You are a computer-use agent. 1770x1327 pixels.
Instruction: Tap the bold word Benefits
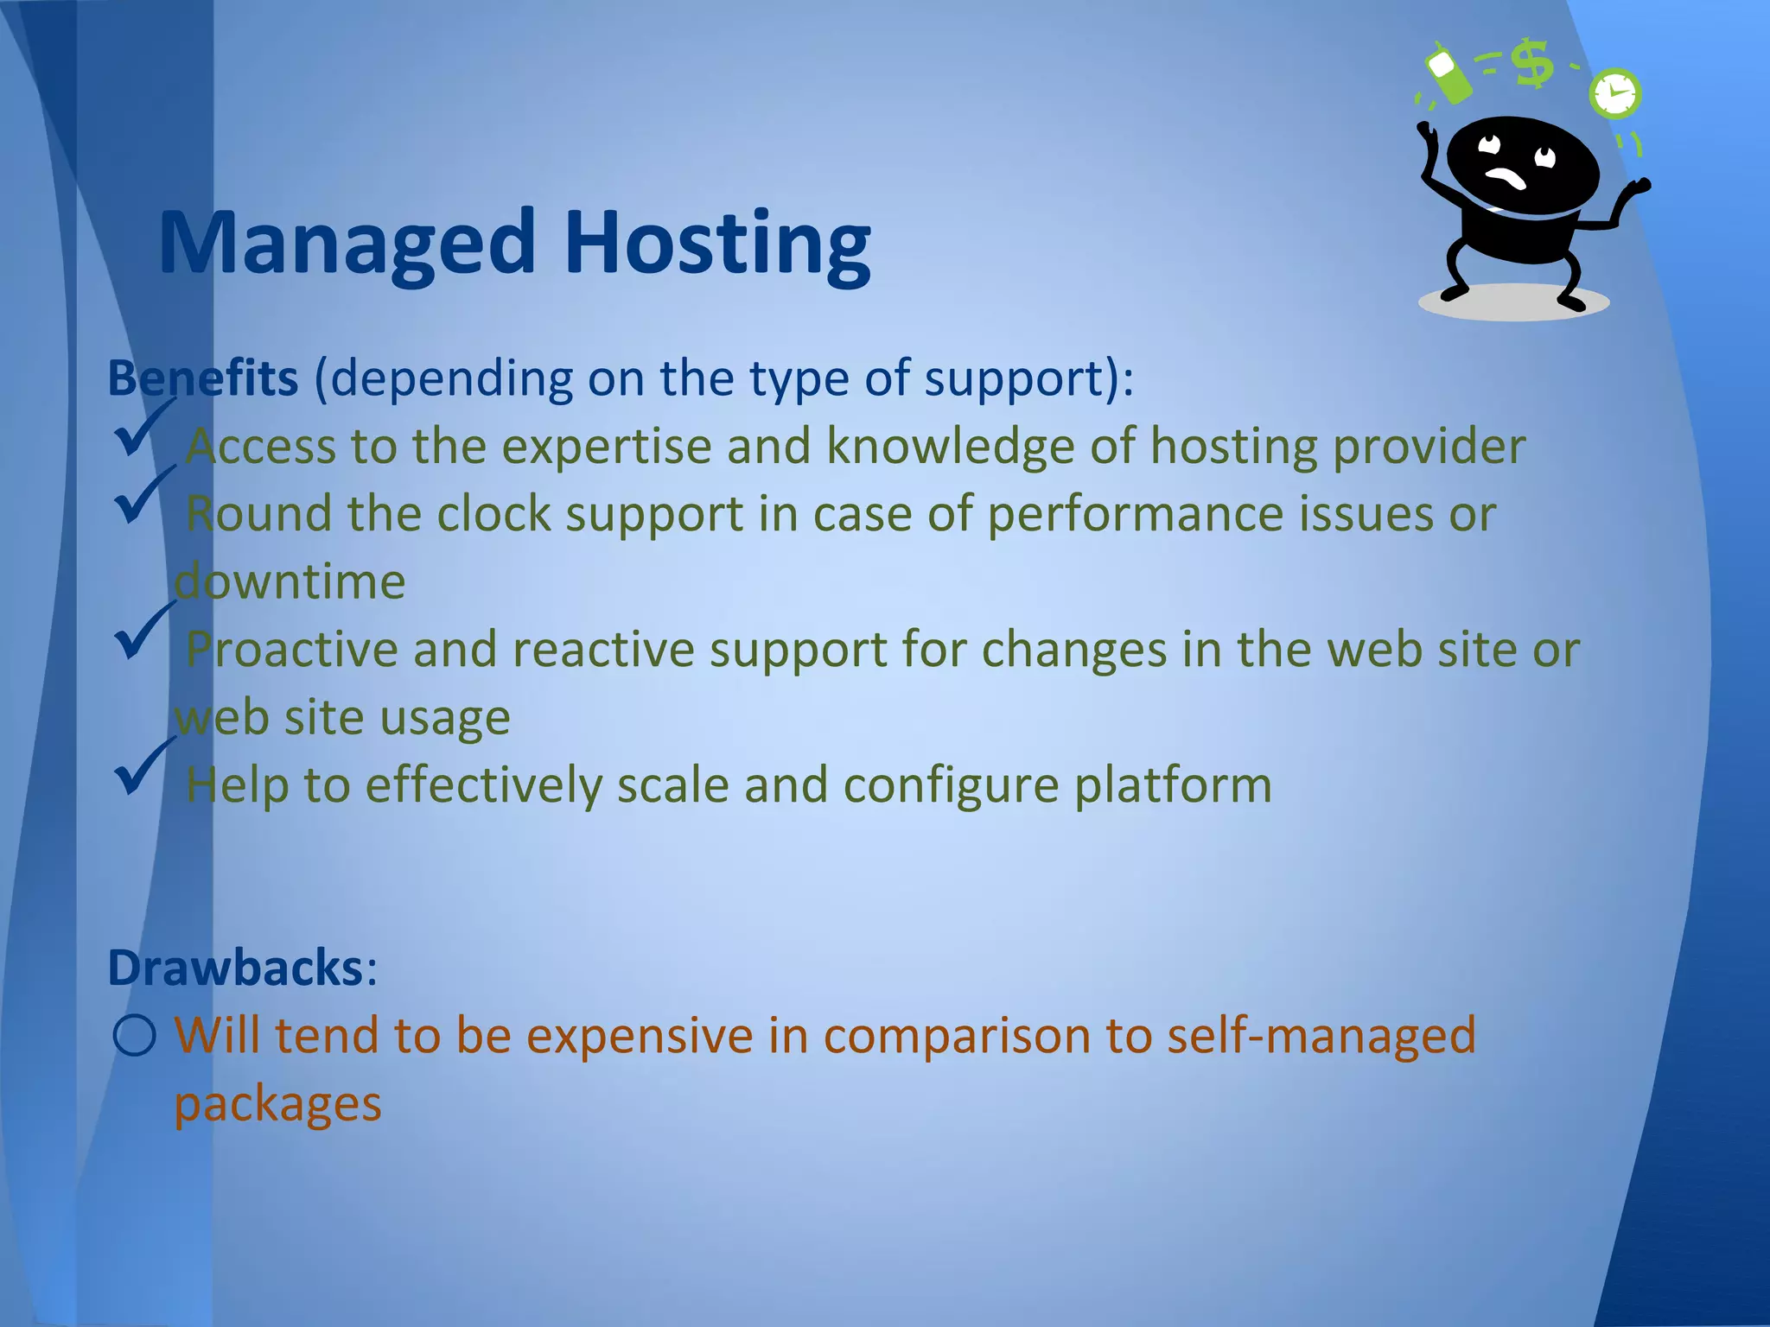click(202, 378)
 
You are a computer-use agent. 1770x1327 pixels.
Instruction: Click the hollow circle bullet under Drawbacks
click(135, 1035)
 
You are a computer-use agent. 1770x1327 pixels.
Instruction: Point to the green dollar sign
click(1534, 64)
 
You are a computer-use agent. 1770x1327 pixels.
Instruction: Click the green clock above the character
click(1614, 93)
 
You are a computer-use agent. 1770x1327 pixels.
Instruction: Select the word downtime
click(290, 581)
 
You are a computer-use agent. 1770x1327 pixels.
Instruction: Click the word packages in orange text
click(277, 1103)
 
